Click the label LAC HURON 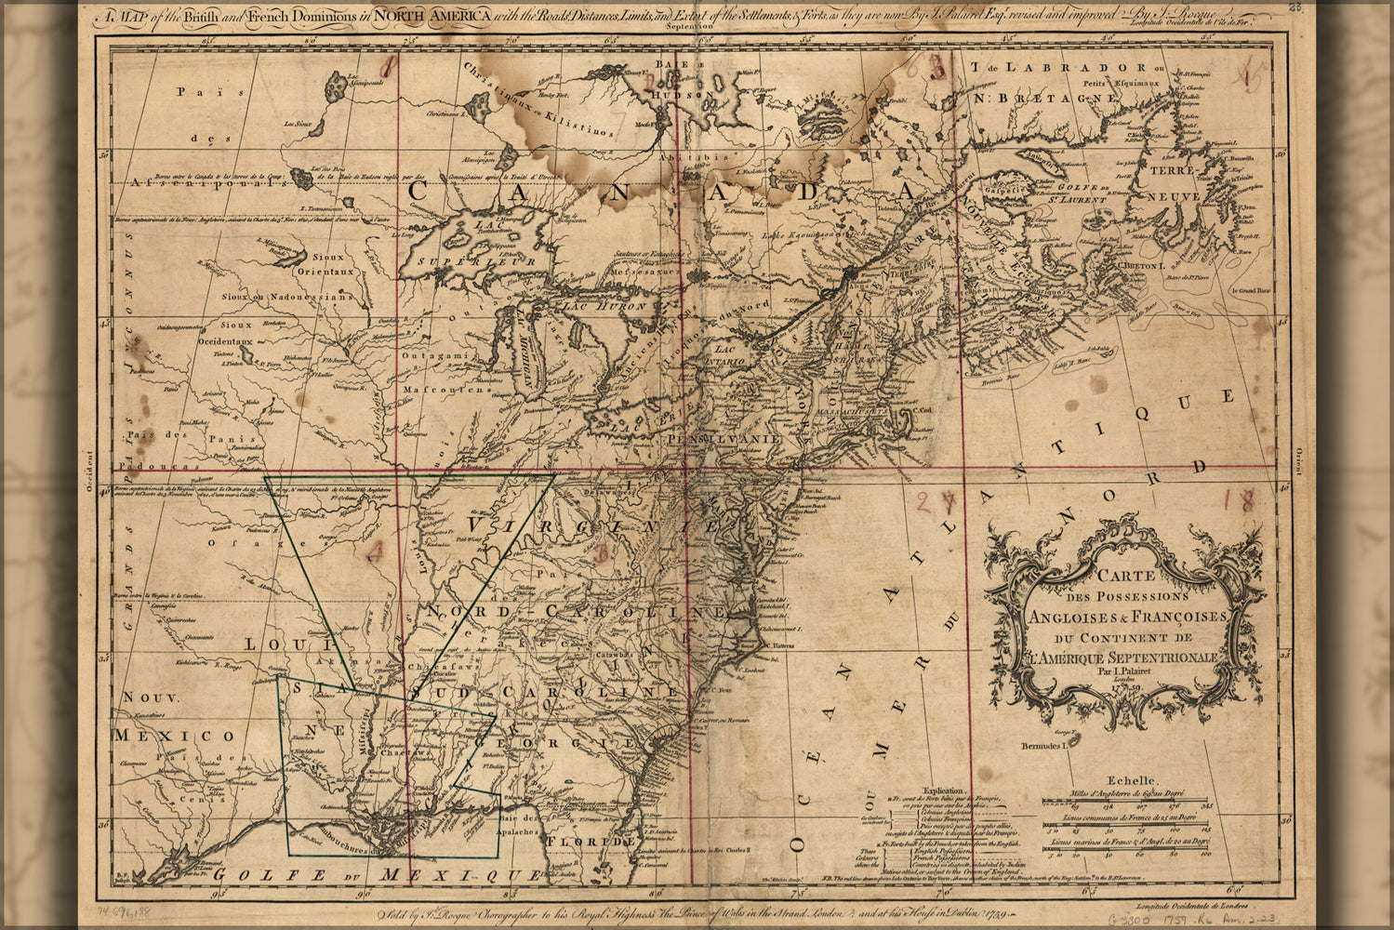click(x=595, y=304)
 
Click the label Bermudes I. click(x=1044, y=746)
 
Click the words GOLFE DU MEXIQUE click(x=372, y=875)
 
